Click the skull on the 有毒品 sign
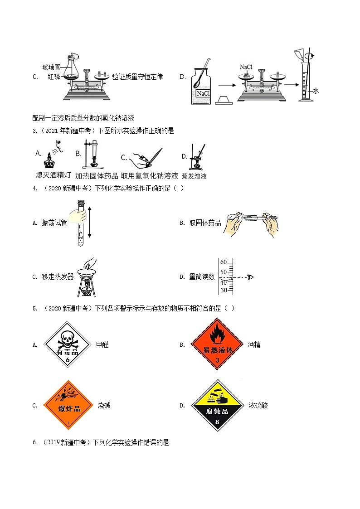(67, 337)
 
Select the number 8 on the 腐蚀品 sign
(217, 422)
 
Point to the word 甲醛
(102, 344)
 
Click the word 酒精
(254, 344)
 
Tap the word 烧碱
(104, 405)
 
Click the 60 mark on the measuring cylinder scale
(223, 262)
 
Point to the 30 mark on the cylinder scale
(223, 291)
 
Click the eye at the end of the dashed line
(250, 277)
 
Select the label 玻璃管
(51, 67)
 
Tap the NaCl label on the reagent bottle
(202, 93)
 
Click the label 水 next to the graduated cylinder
(316, 91)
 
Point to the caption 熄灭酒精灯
(51, 175)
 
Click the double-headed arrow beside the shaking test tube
(90, 222)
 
